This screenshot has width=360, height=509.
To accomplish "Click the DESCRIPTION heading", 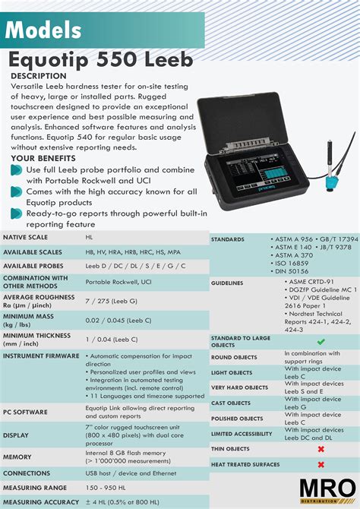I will tap(39, 76).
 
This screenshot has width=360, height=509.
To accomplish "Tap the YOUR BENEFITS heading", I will tap(43, 158).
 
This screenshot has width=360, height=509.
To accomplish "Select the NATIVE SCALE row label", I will tap(26, 238).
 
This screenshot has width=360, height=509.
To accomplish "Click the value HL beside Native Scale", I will tap(90, 238).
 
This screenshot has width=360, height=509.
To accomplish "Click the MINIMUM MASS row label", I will tap(30, 321).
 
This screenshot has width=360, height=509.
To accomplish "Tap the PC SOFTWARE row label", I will tap(25, 412).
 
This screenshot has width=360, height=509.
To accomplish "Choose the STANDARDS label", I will tap(227, 239).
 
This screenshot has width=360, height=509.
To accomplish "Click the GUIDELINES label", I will tap(227, 283).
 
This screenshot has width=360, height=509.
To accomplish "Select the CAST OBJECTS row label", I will tap(232, 403).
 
